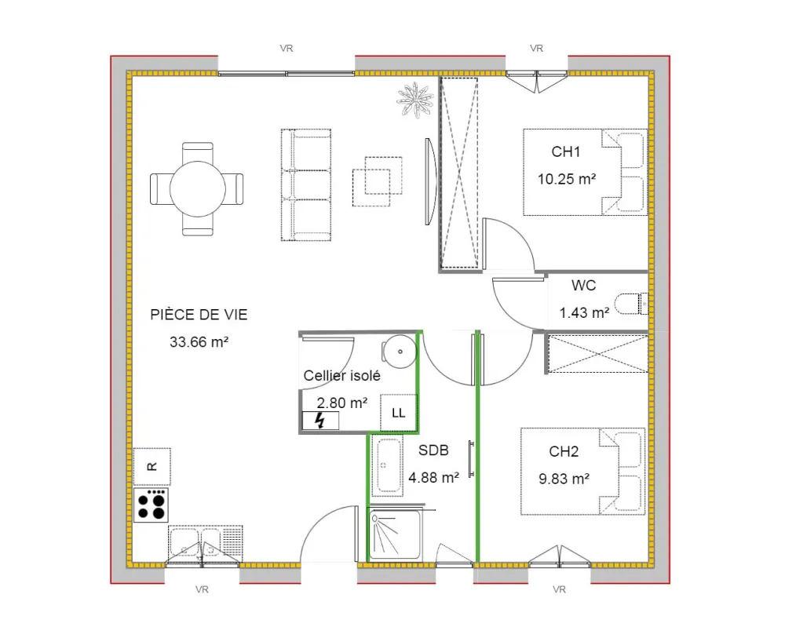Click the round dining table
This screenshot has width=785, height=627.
click(x=198, y=188)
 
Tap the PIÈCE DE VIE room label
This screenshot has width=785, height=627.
click(x=199, y=314)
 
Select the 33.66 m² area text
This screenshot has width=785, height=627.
click(x=199, y=342)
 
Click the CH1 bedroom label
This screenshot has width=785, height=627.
click(x=566, y=151)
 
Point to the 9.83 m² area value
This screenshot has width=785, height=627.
click(x=564, y=479)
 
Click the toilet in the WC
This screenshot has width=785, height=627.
click(x=632, y=304)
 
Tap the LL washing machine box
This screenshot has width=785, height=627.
click(x=399, y=412)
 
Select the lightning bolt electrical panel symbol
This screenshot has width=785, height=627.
click(x=320, y=421)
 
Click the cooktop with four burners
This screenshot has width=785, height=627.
click(x=152, y=505)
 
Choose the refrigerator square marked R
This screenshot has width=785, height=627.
click(x=152, y=466)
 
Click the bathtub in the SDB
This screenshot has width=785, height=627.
click(x=388, y=465)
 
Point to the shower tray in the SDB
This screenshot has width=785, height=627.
click(x=395, y=534)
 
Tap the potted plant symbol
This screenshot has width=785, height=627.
click(x=415, y=100)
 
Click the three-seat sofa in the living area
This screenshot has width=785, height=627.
click(x=306, y=184)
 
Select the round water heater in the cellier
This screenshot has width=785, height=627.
click(x=399, y=352)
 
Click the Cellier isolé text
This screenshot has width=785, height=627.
click(x=342, y=375)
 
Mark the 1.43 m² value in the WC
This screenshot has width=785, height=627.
click(x=584, y=313)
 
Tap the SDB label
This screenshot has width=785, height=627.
click(x=433, y=450)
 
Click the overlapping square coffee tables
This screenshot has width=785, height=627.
click(x=378, y=181)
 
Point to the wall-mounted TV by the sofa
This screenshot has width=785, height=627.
click(x=430, y=181)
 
